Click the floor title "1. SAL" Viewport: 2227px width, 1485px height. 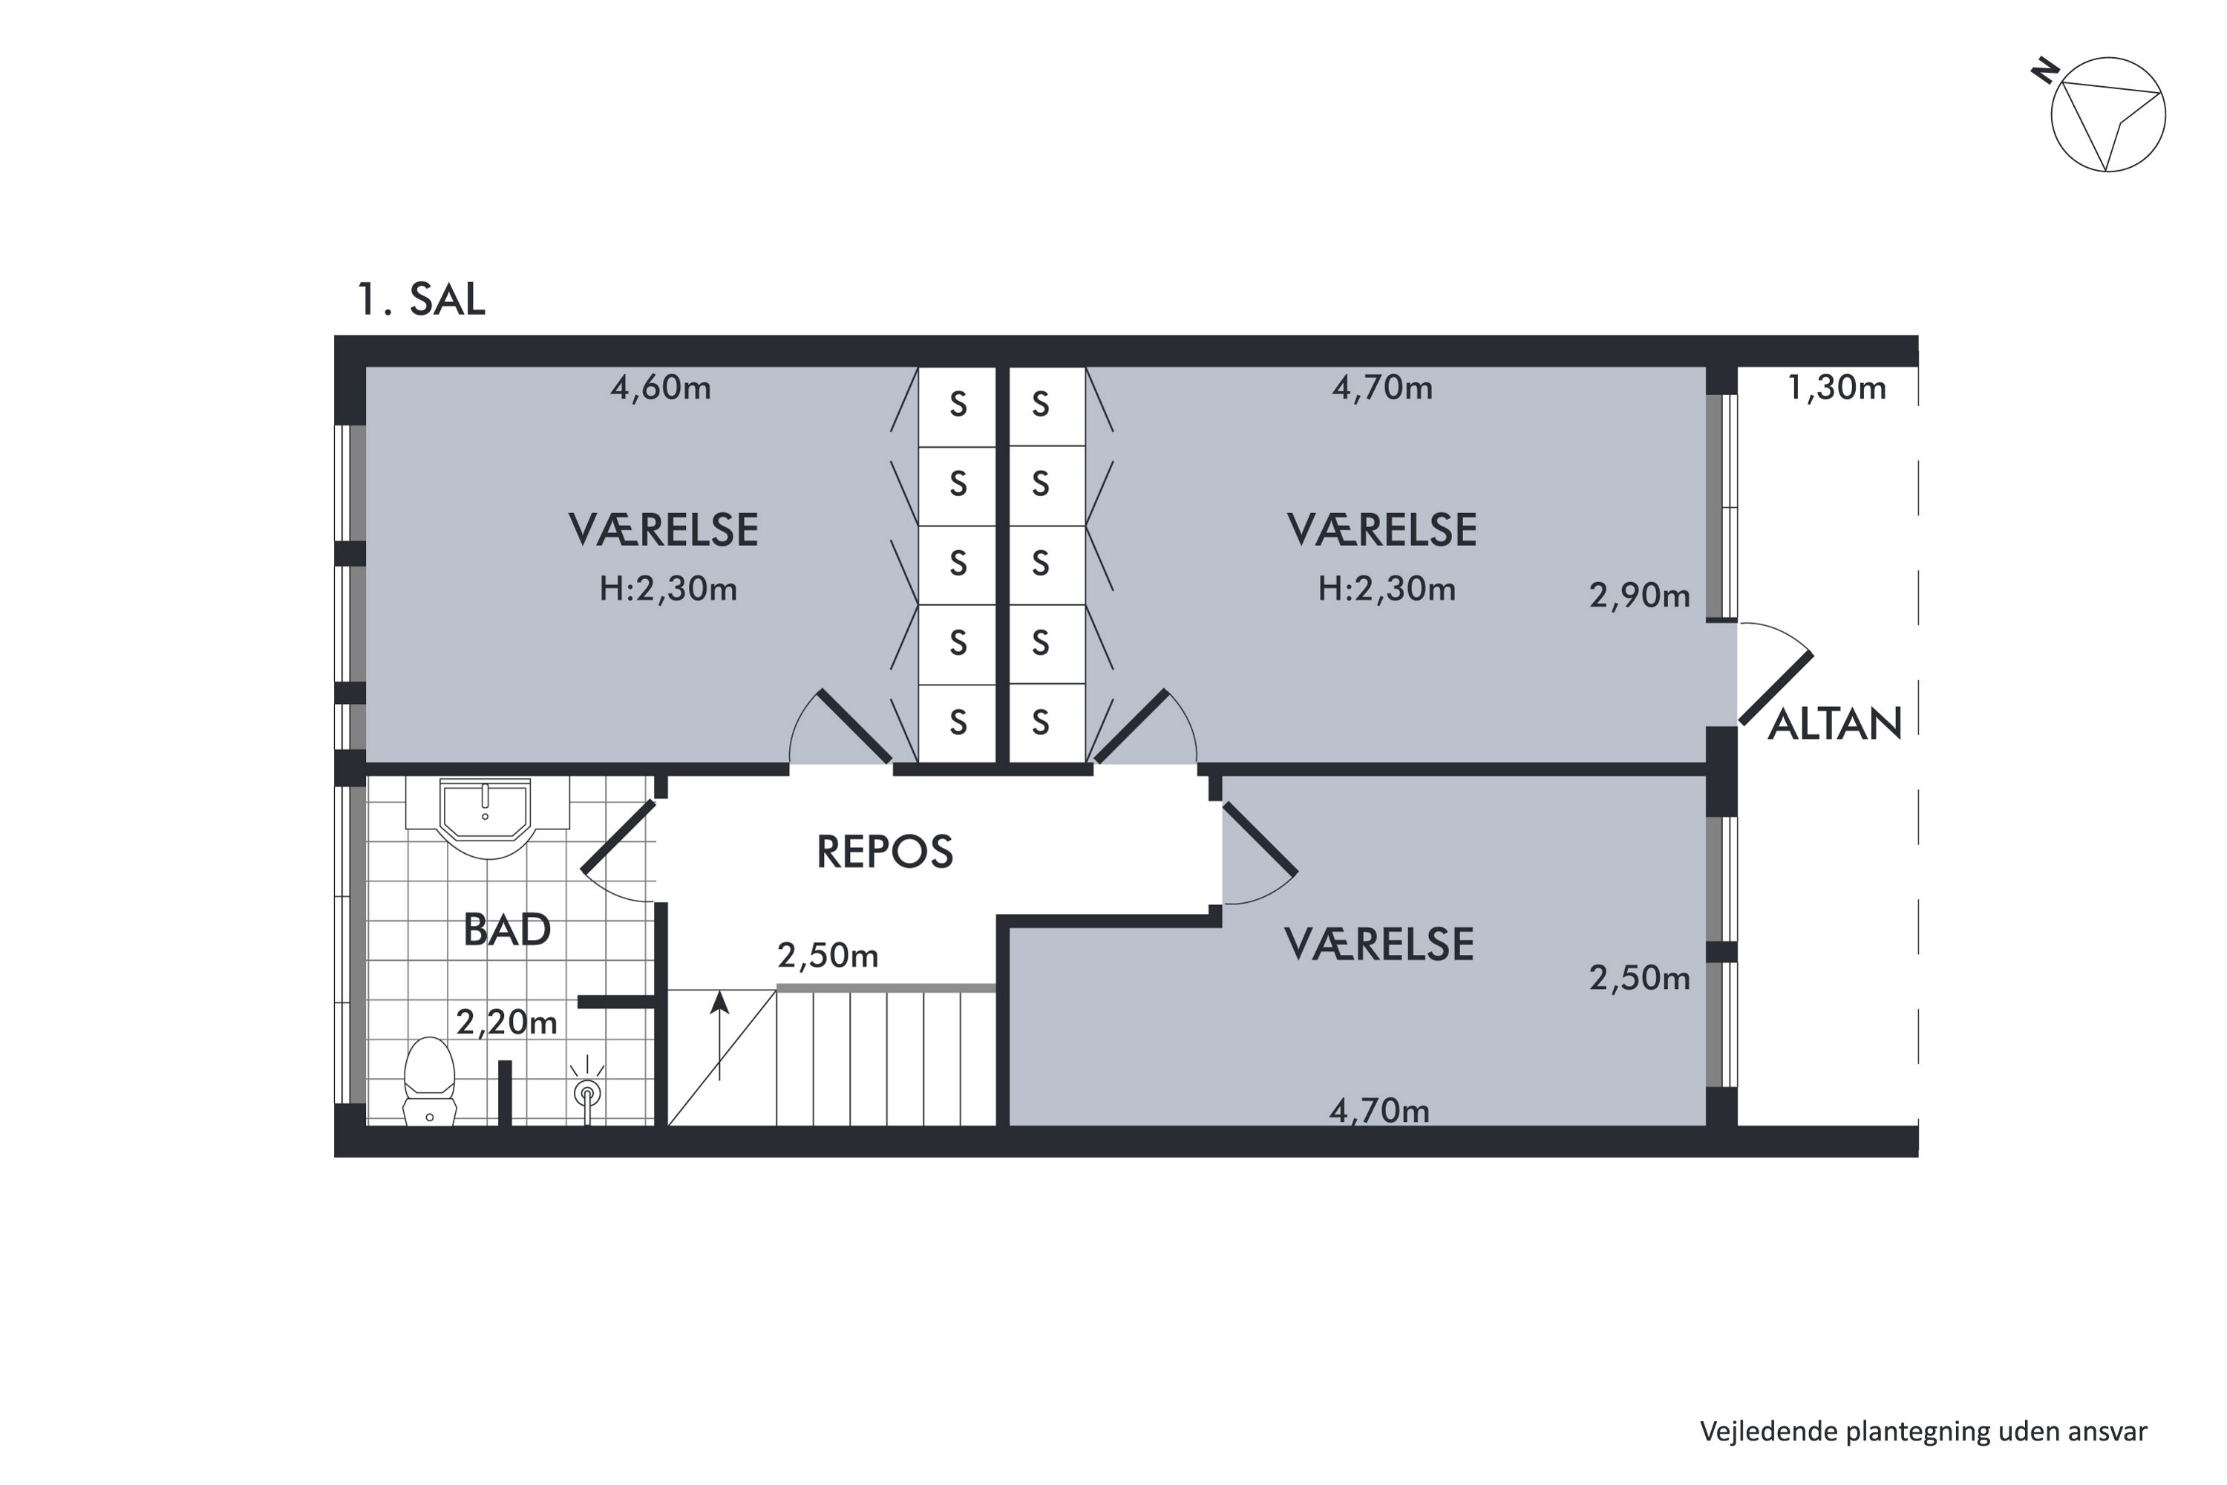point(420,299)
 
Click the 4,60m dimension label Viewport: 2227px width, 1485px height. point(661,388)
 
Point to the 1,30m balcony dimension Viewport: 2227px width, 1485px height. point(1837,388)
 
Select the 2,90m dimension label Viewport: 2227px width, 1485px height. point(1639,595)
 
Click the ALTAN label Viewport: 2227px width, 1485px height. point(1835,725)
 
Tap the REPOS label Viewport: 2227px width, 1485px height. point(884,852)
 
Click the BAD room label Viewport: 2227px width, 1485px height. point(506,930)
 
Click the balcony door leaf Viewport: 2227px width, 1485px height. point(1776,688)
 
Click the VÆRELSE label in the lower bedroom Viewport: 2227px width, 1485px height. point(1379,945)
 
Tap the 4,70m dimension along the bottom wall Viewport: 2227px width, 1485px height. point(1379,1111)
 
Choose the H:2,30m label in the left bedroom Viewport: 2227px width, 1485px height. point(667,589)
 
